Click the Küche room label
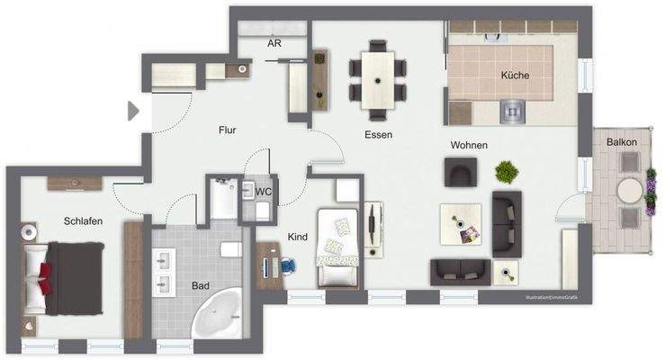(515, 76)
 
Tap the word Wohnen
(469, 145)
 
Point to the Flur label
(228, 130)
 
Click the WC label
(264, 192)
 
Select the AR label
(274, 43)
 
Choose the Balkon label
(622, 142)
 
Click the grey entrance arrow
(133, 110)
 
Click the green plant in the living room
(507, 170)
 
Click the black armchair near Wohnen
(461, 171)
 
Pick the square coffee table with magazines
(460, 223)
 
